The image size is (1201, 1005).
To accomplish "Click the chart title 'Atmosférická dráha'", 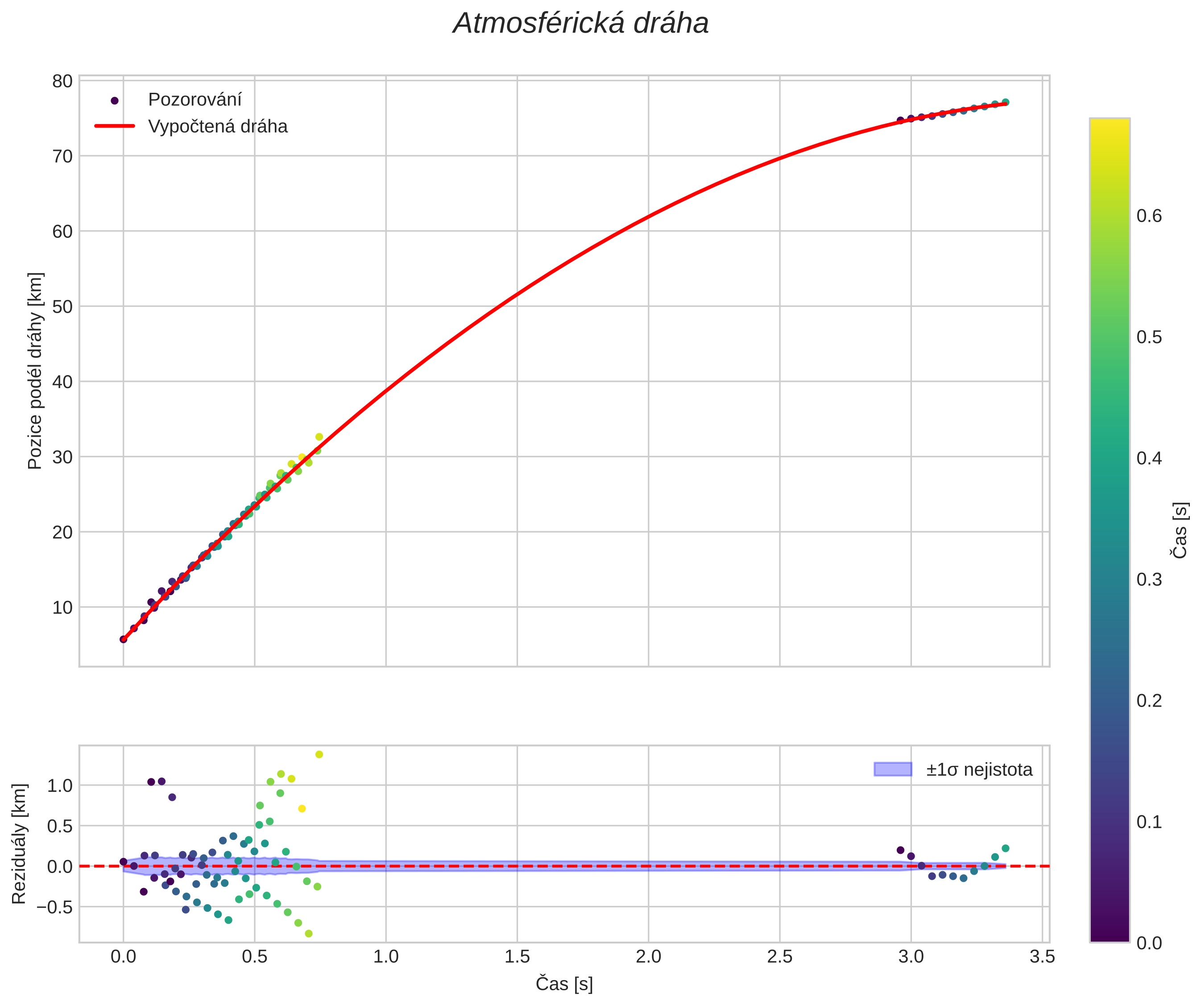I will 580,24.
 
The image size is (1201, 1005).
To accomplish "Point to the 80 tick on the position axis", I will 62,81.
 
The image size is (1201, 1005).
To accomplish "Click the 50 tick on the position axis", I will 62,306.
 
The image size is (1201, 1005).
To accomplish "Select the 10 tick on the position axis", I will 62,607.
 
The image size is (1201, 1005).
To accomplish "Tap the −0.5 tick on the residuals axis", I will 55,907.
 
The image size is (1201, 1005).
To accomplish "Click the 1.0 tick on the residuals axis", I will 59,786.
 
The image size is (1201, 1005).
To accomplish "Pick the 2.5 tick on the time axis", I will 779,957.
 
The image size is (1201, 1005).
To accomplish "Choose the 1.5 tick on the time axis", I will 517,957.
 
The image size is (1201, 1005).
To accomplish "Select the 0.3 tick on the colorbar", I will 1149,580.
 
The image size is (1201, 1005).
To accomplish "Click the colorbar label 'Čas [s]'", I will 1179,530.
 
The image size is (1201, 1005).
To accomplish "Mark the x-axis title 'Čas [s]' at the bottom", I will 564,984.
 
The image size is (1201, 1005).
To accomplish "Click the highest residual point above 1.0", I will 319,755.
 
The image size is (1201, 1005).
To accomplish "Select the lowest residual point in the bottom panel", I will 309,934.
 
